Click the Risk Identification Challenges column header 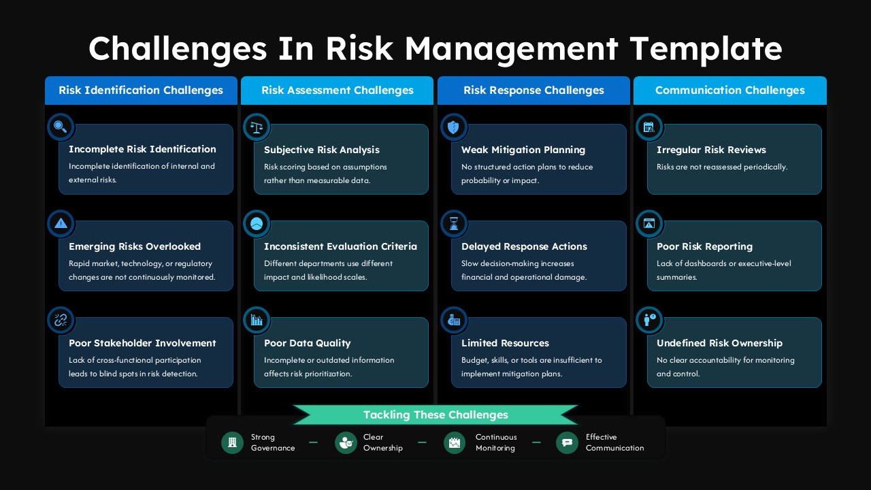[141, 91]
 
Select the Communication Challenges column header [729, 91]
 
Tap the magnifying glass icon [61, 127]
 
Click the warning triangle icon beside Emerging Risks [61, 223]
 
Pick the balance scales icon [257, 127]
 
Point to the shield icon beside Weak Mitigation [454, 127]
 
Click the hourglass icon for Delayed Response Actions [454, 223]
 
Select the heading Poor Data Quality [308, 343]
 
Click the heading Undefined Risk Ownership [719, 343]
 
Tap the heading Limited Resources [505, 343]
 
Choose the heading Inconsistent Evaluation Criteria [340, 246]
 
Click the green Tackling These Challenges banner [435, 414]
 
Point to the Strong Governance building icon [232, 442]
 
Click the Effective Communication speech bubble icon [567, 442]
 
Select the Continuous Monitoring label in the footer [496, 442]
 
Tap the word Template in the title [706, 49]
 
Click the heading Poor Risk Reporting [704, 246]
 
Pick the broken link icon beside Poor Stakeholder [61, 320]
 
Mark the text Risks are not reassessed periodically [722, 167]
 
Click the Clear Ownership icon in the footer [346, 442]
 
